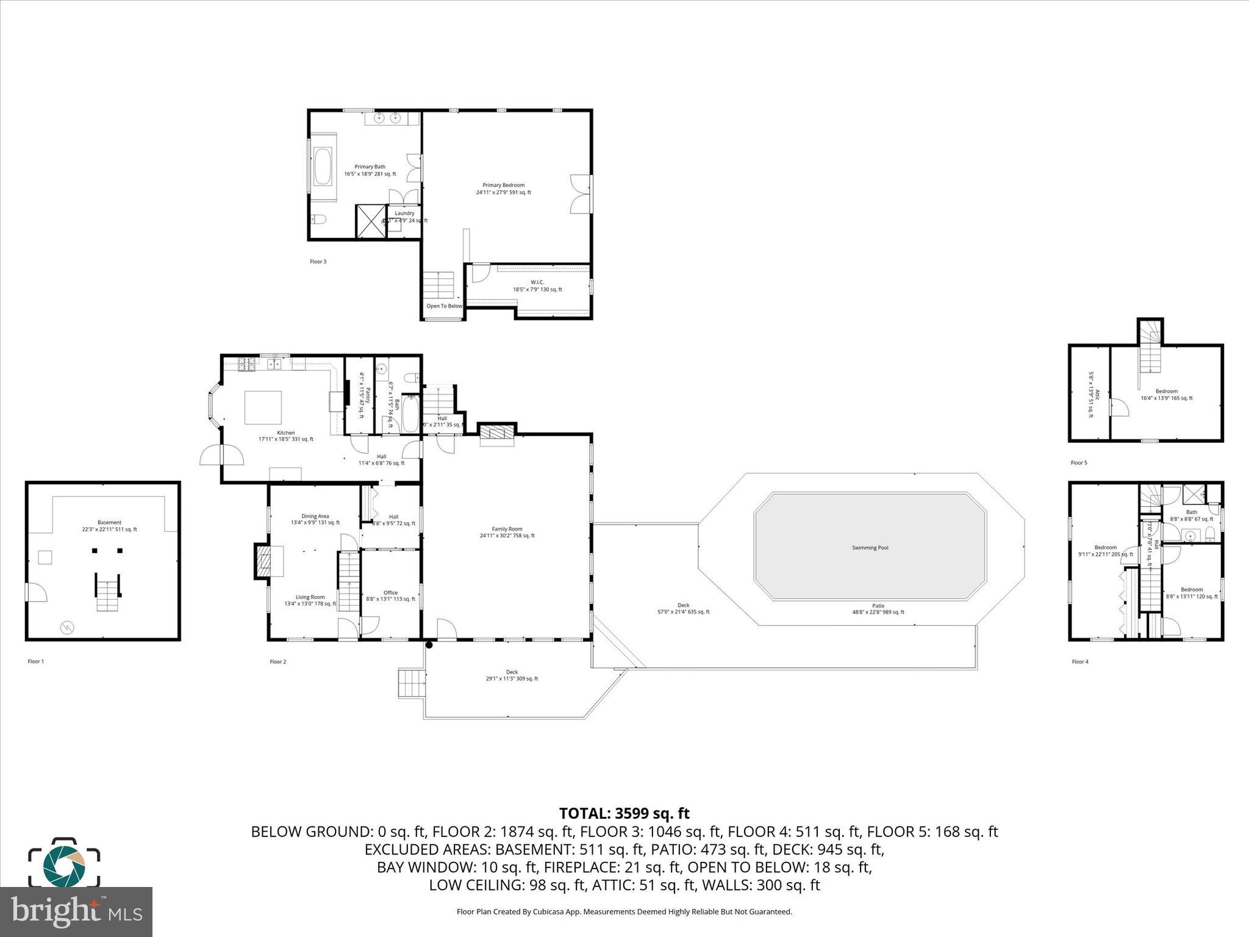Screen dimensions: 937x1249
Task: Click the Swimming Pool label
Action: (870, 548)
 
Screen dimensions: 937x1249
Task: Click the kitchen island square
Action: (263, 407)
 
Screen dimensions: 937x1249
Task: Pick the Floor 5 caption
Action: (1079, 463)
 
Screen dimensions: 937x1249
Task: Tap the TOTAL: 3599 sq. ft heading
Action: (624, 813)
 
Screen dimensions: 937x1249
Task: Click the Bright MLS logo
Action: (76, 912)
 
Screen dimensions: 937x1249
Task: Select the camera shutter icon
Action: (64, 863)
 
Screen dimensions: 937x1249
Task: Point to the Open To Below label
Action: (444, 306)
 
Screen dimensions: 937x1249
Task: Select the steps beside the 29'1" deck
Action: (410, 683)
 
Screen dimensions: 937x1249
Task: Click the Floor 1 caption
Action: (36, 661)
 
